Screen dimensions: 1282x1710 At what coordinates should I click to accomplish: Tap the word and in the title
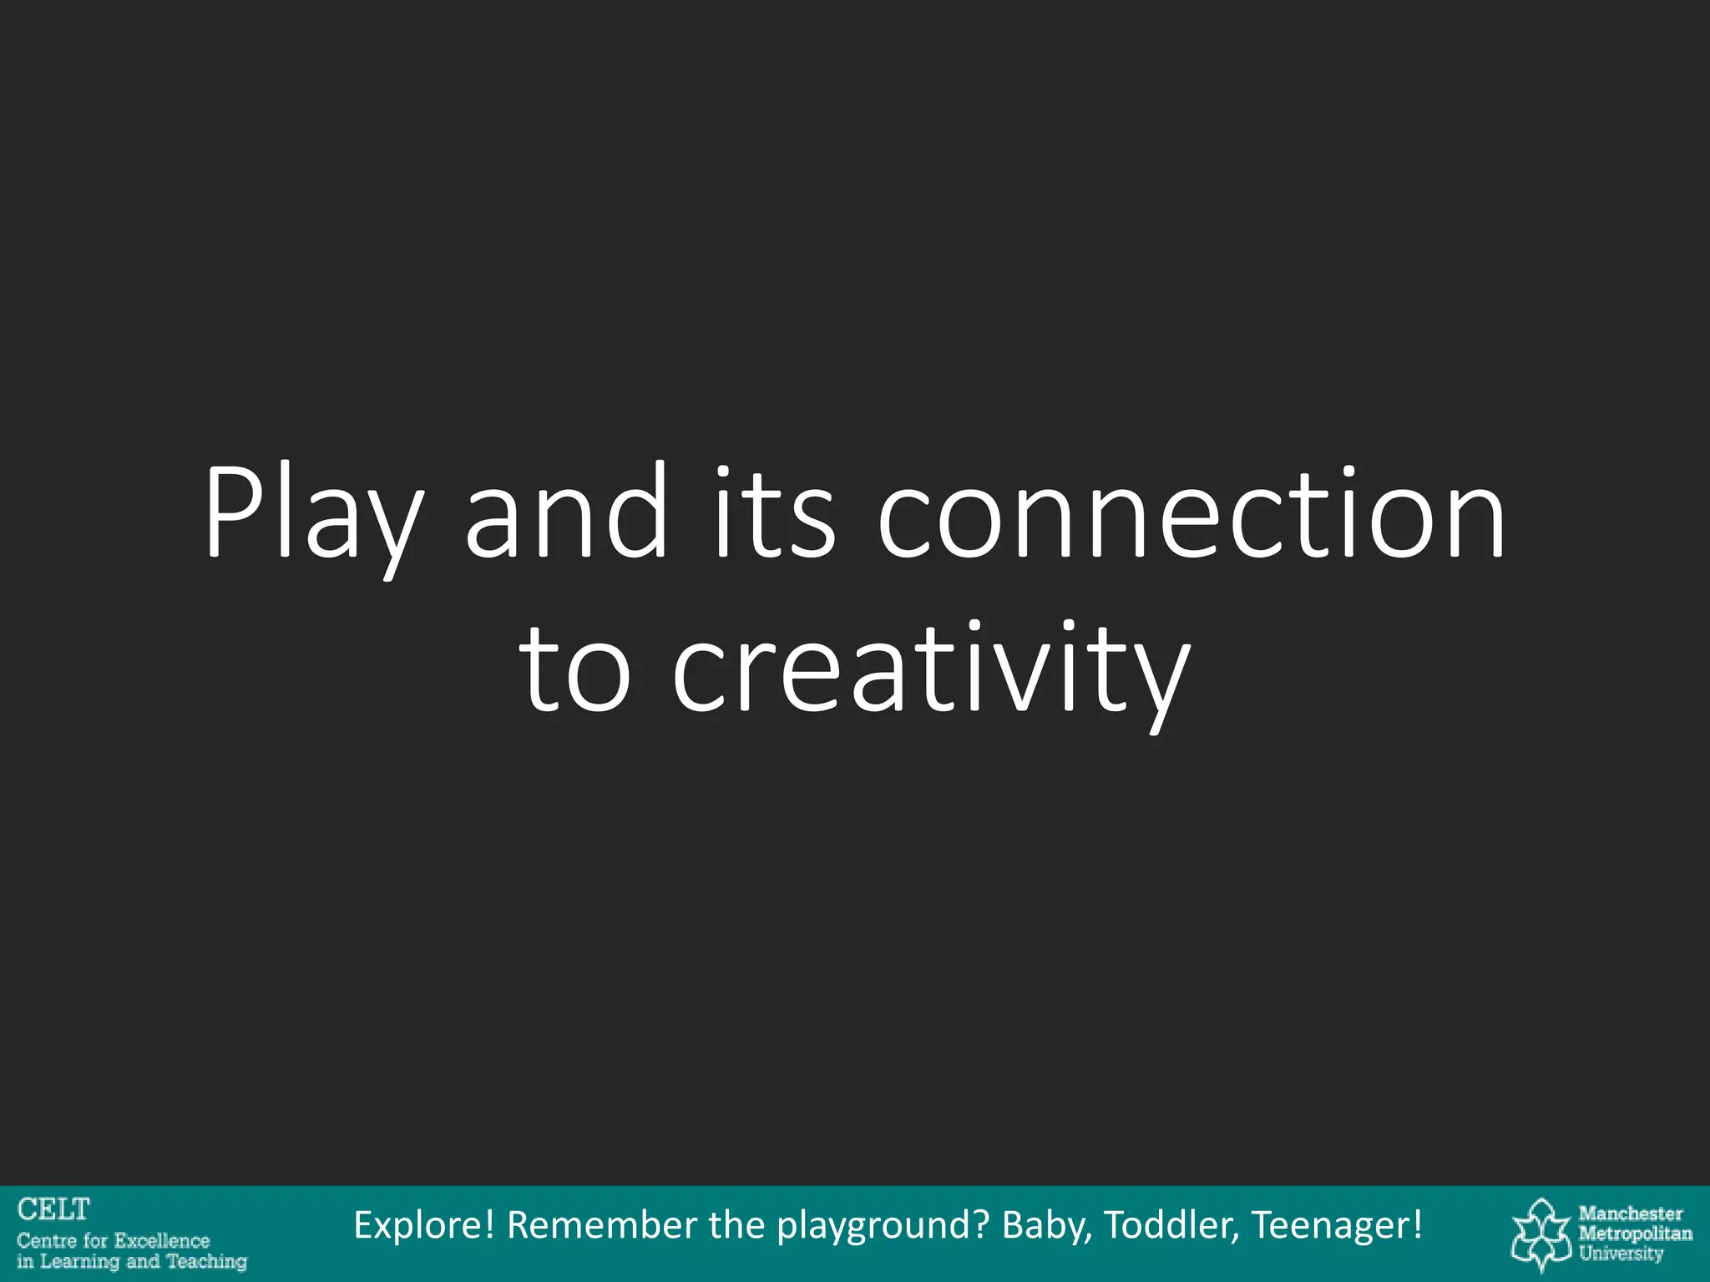pyautogui.click(x=566, y=511)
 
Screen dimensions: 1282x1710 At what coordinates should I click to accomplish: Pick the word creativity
pyautogui.click(x=931, y=672)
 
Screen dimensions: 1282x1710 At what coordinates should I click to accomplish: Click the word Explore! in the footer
pyautogui.click(x=424, y=1225)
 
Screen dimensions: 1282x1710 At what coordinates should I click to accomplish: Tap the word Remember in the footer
pyautogui.click(x=602, y=1225)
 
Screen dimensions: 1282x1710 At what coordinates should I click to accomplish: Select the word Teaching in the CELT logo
pyautogui.click(x=206, y=1261)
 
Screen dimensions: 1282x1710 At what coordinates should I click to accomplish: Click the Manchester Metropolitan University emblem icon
pyautogui.click(x=1541, y=1234)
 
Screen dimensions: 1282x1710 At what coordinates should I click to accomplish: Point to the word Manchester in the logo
pyautogui.click(x=1631, y=1214)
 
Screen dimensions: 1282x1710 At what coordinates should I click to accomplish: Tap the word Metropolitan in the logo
pyautogui.click(x=1635, y=1234)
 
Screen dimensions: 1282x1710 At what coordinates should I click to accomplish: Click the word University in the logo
pyautogui.click(x=1621, y=1254)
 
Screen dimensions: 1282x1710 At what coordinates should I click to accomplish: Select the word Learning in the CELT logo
pyautogui.click(x=79, y=1261)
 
